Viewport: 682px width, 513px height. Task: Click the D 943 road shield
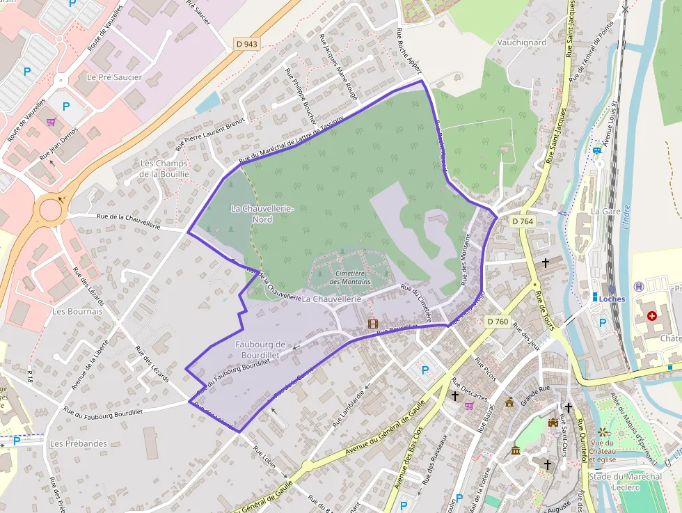tap(246, 44)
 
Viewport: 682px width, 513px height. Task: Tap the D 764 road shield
tap(522, 221)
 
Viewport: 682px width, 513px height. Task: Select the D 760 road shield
tap(498, 321)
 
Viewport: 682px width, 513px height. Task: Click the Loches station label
tap(612, 299)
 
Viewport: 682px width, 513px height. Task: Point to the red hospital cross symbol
tap(651, 315)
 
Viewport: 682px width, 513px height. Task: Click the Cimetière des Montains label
tap(350, 278)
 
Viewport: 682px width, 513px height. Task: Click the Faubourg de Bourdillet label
tap(261, 349)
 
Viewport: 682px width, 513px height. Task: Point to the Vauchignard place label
tap(522, 42)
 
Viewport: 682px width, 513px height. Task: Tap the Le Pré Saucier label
tap(114, 77)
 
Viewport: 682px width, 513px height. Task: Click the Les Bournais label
tap(77, 311)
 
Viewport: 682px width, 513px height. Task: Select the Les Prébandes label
tap(79, 443)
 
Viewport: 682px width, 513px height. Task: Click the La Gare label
tap(605, 210)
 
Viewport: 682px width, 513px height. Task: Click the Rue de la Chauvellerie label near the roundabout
tap(129, 221)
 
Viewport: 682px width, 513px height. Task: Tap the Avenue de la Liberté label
tap(90, 364)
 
